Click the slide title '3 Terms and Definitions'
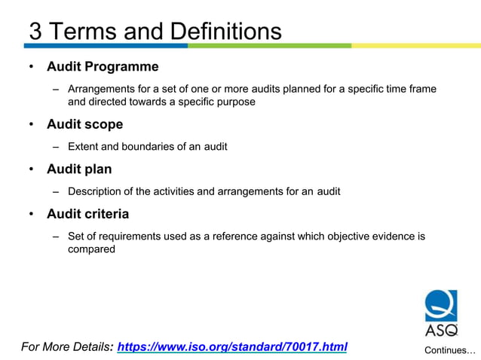coord(155,31)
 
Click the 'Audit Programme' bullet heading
coord(103,67)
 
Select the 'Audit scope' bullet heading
coord(84,124)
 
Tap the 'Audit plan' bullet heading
coord(79,169)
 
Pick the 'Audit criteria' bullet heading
coord(87,214)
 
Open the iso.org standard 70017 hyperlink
coord(232,347)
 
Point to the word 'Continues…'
coord(449,350)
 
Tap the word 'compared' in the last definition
coord(91,249)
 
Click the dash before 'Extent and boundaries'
coord(56,147)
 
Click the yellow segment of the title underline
coord(415,45)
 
